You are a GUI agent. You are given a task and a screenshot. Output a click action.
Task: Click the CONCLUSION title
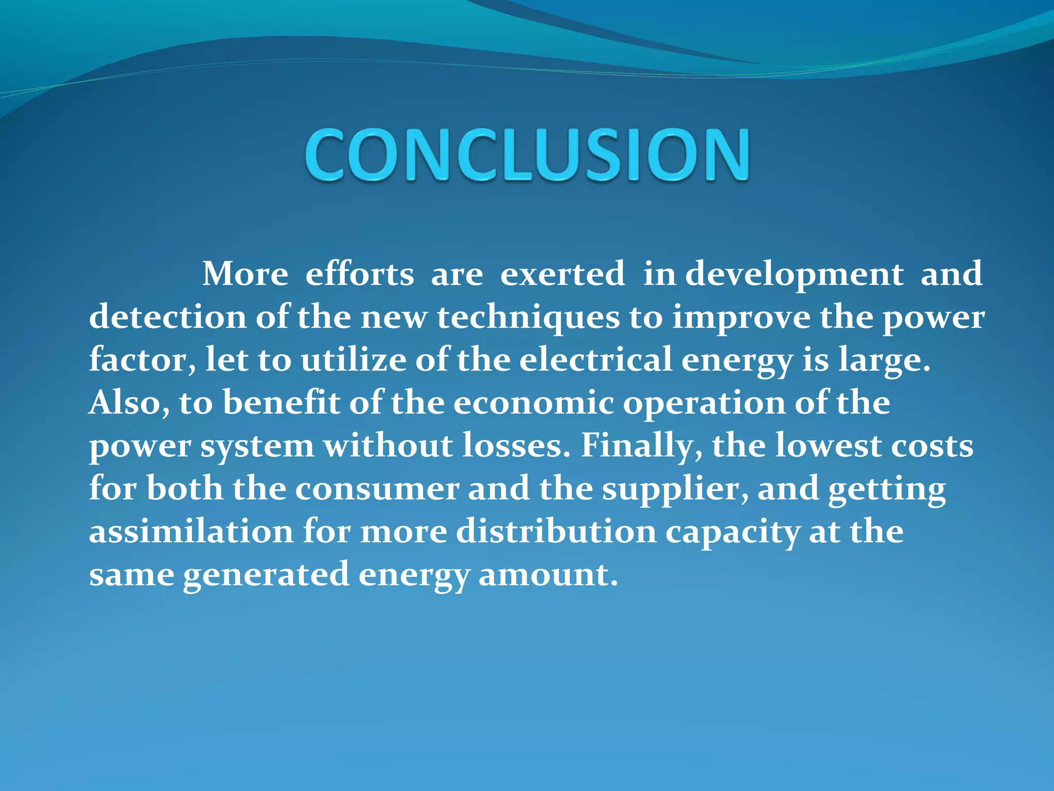(x=527, y=154)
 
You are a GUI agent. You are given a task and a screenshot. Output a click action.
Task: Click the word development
(x=794, y=274)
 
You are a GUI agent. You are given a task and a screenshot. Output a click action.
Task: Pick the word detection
(x=168, y=317)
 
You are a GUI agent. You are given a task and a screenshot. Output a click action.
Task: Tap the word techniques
(x=529, y=318)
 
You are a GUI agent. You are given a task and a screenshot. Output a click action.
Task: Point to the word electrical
(x=595, y=359)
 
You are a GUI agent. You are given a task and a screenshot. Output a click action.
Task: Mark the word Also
(x=129, y=403)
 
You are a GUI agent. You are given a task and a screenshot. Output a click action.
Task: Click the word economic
(x=534, y=403)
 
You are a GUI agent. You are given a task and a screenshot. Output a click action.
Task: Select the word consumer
(x=377, y=488)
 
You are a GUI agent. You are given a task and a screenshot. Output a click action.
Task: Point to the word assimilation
(x=191, y=531)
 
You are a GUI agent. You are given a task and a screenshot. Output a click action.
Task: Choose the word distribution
(x=556, y=531)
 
